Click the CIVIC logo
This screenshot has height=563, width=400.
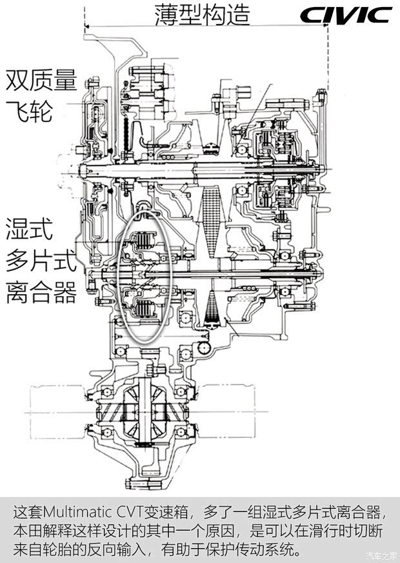click(346, 15)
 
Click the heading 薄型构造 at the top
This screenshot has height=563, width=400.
click(202, 15)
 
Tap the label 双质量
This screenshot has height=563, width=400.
click(41, 80)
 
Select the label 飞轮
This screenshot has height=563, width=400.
click(29, 112)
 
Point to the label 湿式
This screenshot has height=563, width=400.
click(29, 228)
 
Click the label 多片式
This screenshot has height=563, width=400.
click(41, 261)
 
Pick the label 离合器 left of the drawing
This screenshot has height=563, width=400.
click(41, 292)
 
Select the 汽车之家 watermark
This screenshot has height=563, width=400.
click(382, 556)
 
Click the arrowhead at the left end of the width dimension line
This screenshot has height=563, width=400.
click(86, 26)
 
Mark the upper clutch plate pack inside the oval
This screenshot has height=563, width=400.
click(145, 240)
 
